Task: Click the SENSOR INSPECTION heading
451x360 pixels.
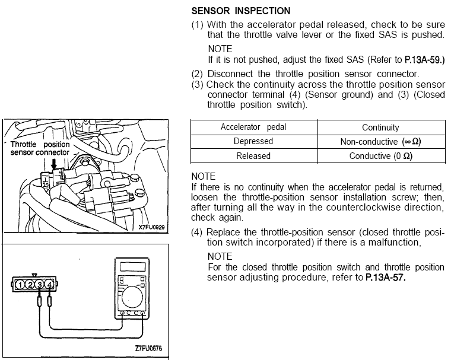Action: click(x=241, y=11)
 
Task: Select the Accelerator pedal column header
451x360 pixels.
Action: click(x=253, y=128)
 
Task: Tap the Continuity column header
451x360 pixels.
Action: click(x=380, y=128)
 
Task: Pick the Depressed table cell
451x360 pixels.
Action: click(x=253, y=142)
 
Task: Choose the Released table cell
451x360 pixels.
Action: click(x=253, y=156)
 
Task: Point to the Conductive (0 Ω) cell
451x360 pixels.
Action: click(x=381, y=156)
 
